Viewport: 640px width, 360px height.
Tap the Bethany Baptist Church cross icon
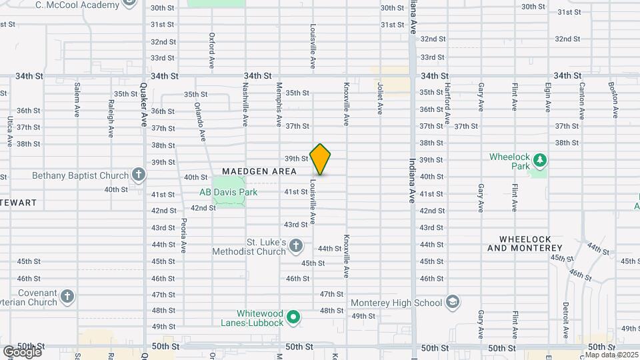(x=139, y=175)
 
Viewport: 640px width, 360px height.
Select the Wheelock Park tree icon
(x=539, y=160)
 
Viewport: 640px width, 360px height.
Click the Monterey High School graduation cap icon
(x=453, y=303)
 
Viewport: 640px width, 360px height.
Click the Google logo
(x=21, y=352)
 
